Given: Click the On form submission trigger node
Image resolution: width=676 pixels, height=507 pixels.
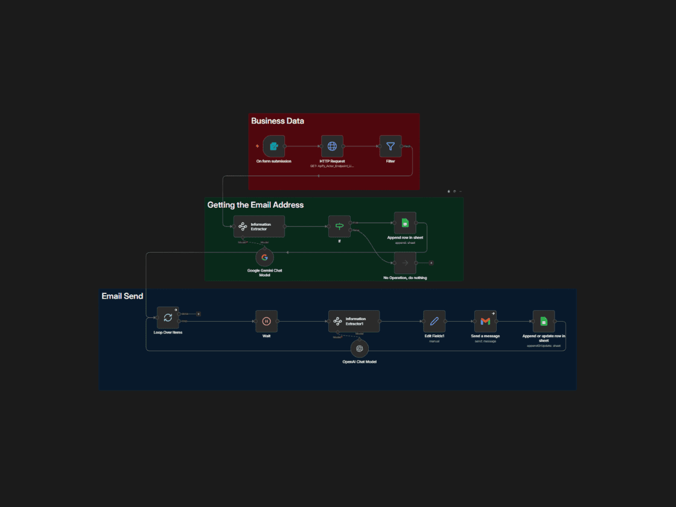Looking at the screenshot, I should [273, 146].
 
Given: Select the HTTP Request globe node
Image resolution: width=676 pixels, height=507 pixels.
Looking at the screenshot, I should [332, 146].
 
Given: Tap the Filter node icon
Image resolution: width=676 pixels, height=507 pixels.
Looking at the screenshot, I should [391, 146].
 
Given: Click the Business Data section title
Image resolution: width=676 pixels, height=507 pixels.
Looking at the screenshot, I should [278, 121].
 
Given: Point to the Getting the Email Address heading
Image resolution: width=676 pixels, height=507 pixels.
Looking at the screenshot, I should [255, 205].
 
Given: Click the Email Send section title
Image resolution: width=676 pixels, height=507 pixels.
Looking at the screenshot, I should [122, 296].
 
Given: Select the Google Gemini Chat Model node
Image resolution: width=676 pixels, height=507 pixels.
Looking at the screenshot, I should [264, 257].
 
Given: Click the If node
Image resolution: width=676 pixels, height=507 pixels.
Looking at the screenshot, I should [339, 226].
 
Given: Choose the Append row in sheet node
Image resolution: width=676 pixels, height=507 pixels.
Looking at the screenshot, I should [405, 223].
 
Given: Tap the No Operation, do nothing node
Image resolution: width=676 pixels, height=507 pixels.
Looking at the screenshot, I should [405, 263].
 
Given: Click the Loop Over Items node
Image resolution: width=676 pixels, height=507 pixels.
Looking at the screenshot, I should [168, 317].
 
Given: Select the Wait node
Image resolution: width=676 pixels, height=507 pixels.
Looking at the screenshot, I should [266, 321].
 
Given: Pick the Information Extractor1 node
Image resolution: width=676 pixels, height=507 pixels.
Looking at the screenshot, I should [354, 321].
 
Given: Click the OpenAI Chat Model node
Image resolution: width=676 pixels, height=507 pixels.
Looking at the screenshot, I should [359, 348].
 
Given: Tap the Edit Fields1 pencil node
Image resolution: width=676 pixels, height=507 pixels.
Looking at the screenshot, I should [434, 321].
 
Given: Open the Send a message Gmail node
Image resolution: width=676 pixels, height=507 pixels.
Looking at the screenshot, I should [485, 321].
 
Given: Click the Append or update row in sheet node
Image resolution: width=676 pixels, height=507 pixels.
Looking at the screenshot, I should [543, 321].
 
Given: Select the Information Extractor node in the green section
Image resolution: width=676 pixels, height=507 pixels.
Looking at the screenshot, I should [259, 226].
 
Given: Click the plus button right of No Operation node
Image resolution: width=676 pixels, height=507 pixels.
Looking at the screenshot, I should [431, 263].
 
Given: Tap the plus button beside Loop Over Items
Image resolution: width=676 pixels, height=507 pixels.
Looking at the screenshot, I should [199, 314].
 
